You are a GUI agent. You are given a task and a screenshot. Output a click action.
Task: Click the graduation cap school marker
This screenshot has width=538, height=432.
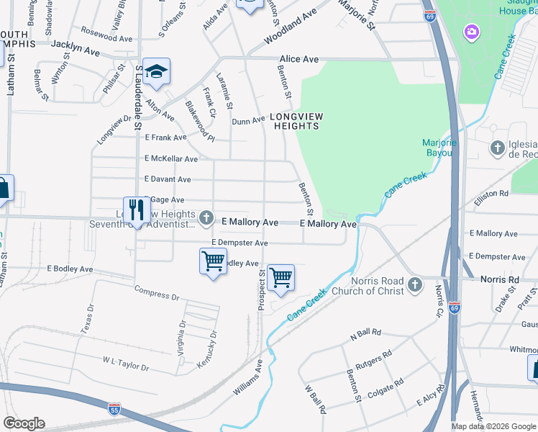(x=156, y=71)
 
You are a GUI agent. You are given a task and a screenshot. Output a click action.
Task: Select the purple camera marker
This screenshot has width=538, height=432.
(x=471, y=32)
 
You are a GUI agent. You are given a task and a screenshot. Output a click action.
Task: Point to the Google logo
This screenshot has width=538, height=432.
(x=23, y=423)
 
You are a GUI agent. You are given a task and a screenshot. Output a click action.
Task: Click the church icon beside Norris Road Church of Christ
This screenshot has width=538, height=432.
(x=414, y=285)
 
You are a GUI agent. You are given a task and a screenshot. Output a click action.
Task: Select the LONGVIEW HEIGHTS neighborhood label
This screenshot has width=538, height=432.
(x=296, y=121)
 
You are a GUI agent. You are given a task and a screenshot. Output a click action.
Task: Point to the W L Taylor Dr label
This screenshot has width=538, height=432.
(x=125, y=363)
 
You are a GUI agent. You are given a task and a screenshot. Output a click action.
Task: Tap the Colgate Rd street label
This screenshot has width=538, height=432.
(x=385, y=392)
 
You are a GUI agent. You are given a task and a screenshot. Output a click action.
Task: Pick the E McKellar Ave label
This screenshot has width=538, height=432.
(x=171, y=158)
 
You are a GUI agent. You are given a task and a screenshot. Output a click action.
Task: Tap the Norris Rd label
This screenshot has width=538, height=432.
(x=500, y=279)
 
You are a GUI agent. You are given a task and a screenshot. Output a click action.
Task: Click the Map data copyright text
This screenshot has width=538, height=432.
(x=493, y=426)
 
